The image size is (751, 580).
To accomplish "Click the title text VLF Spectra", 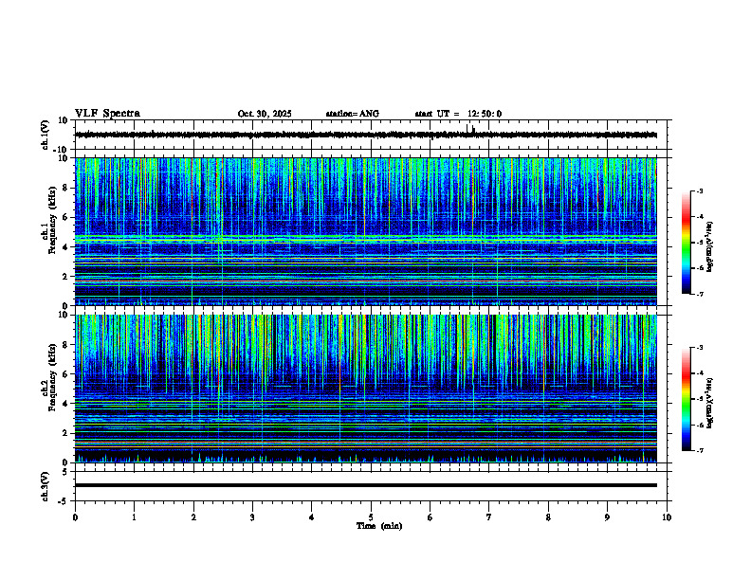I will coord(107,114).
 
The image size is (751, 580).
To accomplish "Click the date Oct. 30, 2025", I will coord(265,114).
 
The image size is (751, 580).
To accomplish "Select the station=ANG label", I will coord(352,114).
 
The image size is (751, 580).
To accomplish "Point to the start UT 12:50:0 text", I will coord(458,114).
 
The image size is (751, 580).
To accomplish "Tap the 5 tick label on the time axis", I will coord(371,517).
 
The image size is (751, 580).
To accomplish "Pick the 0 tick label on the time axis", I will coord(75,517).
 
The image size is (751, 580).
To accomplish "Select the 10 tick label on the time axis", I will coord(667,517).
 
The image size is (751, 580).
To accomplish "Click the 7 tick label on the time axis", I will coord(489,517).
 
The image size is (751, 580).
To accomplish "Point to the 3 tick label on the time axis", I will coord(252,517).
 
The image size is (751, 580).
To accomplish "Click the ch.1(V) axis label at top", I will coord(45,135).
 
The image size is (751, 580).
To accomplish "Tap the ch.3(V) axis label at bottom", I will coord(45,484).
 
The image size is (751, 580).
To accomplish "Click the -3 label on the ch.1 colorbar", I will coord(699,191).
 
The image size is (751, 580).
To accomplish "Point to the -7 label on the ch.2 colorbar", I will coord(699,451).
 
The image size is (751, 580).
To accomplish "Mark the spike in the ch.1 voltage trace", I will coord(469,128).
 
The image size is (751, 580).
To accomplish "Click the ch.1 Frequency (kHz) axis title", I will coord(50,232).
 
